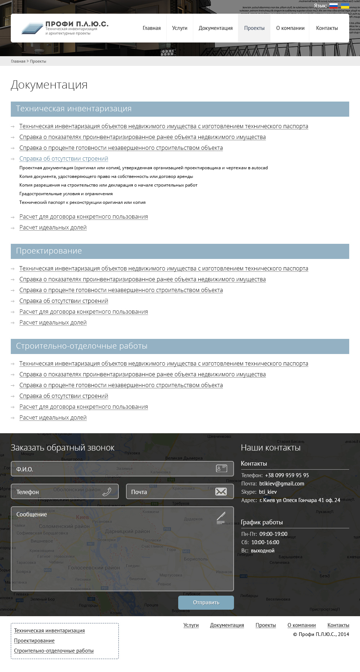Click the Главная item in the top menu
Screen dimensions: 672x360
[152, 28]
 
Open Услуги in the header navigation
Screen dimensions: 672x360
[180, 28]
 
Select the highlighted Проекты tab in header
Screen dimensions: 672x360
[254, 28]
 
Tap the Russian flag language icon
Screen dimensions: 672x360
[333, 6]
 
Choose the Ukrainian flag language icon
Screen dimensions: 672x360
[345, 6]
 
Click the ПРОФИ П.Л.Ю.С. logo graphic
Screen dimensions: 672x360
[32, 28]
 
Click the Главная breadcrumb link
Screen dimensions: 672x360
[18, 61]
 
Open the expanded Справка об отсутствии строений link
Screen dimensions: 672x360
[64, 159]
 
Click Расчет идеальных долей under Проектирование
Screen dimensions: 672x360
[53, 323]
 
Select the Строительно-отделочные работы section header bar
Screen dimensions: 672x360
[180, 346]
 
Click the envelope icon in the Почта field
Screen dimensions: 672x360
[221, 492]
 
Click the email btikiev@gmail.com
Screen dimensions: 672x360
[282, 484]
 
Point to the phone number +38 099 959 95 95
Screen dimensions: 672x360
[287, 475]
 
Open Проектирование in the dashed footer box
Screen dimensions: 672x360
[34, 641]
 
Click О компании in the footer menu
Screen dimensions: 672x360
[302, 625]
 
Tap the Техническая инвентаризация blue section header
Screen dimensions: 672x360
[180, 109]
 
